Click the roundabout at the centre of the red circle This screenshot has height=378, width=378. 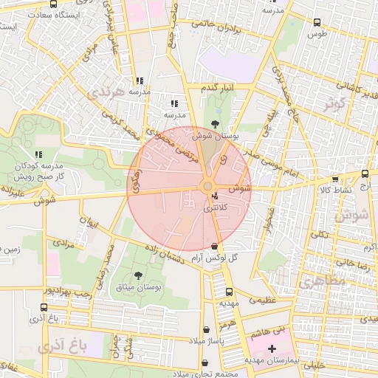(207, 186)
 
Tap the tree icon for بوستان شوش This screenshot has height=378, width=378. (215, 124)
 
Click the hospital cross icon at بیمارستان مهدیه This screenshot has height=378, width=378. (272, 348)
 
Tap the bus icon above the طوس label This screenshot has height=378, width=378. (317, 22)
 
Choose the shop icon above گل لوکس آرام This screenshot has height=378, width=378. (214, 246)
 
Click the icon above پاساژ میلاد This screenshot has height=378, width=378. (206, 329)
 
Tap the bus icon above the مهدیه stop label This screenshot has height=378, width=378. (228, 292)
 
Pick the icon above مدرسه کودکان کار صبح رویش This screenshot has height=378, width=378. (38, 154)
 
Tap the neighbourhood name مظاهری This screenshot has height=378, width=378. (318, 281)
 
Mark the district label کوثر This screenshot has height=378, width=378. (334, 104)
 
